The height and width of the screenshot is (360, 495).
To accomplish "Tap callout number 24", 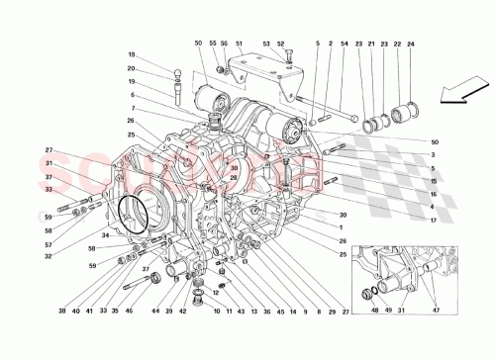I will point(409,44).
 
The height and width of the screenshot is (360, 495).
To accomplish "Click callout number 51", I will point(239,44).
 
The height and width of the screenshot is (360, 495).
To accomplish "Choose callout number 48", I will point(374,312).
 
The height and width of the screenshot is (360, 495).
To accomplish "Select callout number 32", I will point(47,255).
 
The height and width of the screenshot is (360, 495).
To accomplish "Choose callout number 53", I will point(266,44).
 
